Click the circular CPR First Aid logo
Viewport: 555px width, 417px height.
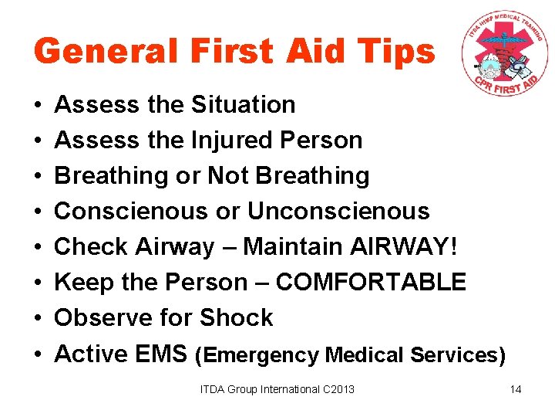click(x=505, y=55)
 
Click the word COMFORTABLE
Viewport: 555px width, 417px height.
click(x=371, y=282)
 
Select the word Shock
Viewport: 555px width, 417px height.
click(x=237, y=317)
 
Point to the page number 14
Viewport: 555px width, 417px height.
click(x=516, y=389)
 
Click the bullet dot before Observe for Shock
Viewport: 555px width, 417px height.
click(x=38, y=318)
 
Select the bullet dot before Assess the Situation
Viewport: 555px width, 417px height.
click(x=38, y=105)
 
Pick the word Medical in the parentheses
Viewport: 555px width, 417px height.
click(x=365, y=355)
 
